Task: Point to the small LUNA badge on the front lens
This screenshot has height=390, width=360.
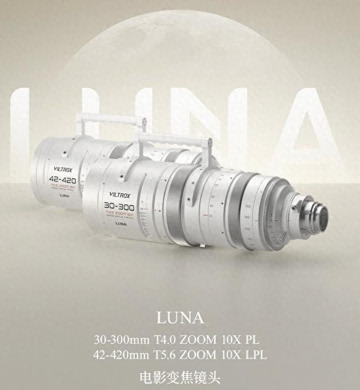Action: tap(120, 223)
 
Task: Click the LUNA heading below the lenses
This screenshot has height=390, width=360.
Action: tap(180, 318)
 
